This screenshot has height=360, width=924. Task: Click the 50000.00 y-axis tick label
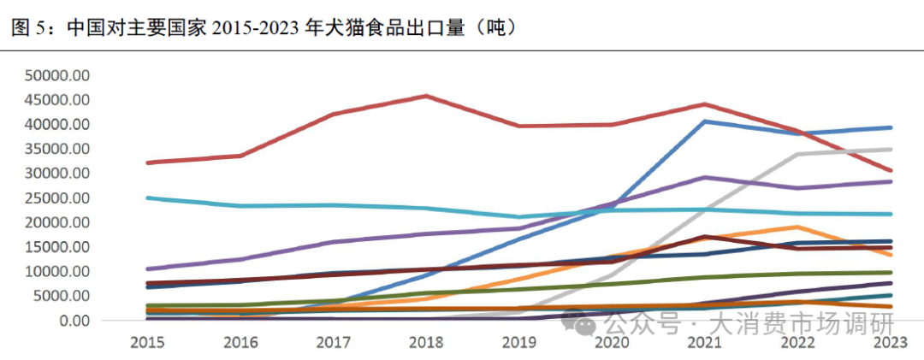pos(57,75)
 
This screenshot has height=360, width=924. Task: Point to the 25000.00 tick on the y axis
pos(57,198)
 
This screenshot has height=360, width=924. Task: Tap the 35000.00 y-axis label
pos(57,149)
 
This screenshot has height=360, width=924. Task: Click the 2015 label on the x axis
pos(147,343)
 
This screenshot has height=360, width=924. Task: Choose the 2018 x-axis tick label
pos(425,343)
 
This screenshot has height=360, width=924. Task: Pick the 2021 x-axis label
pos(703,343)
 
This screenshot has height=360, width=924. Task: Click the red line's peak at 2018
pos(426,96)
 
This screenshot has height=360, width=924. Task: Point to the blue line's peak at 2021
pos(704,121)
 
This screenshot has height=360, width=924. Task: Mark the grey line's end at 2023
pos(891,150)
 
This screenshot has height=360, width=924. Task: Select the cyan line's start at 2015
pos(148,198)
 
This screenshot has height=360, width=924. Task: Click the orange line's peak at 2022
pos(797,227)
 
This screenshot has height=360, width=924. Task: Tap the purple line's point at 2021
pos(704,178)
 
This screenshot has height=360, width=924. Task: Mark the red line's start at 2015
pos(148,162)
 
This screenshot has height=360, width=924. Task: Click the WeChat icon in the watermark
pos(587,325)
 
